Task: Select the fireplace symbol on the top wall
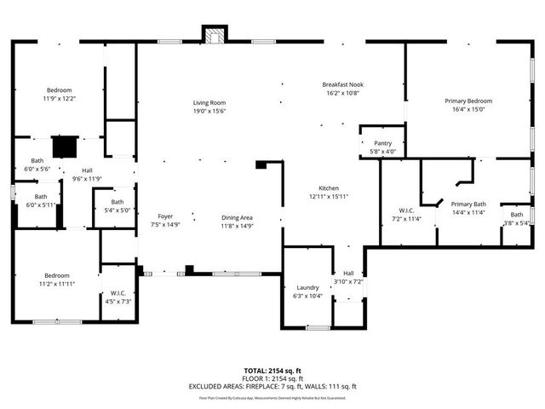(215, 35)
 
